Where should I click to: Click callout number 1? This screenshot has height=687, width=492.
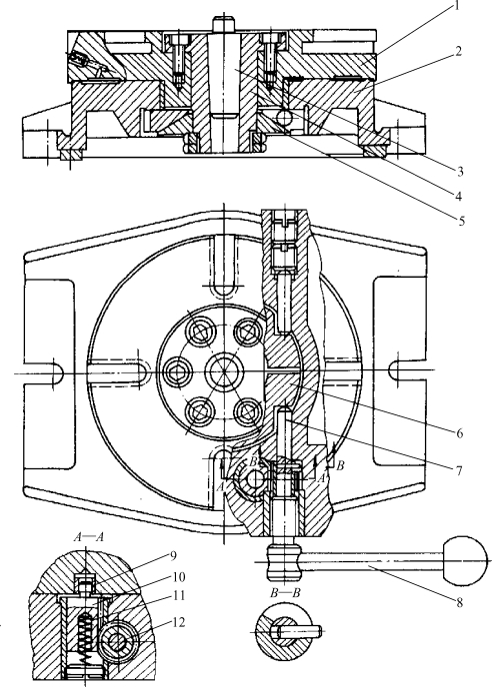456,6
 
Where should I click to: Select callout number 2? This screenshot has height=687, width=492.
458,51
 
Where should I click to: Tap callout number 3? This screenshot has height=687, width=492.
460,172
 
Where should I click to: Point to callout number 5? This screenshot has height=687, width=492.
461,221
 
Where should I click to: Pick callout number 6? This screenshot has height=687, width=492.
460,433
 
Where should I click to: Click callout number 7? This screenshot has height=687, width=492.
459,470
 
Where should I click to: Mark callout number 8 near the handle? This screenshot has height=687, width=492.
460,602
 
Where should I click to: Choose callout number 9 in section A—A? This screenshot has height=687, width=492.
172,556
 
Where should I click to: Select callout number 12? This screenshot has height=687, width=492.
178,622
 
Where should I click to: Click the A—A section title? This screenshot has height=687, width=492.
88,537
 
